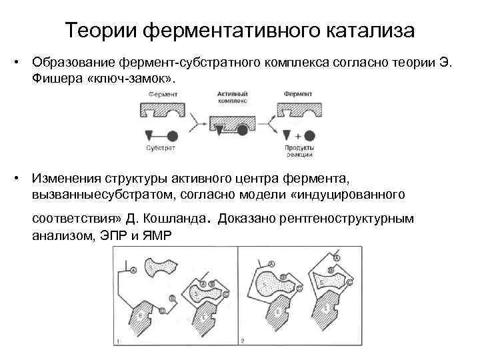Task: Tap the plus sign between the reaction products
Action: [298, 134]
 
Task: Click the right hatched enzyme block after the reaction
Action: [298, 107]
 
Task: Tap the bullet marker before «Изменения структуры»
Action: [22, 179]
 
